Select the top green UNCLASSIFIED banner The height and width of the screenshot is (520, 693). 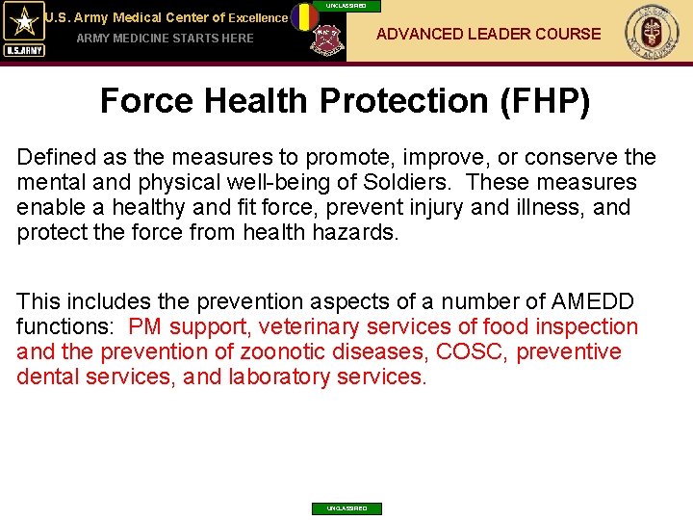(346, 6)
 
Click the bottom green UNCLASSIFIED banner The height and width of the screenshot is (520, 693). (346, 508)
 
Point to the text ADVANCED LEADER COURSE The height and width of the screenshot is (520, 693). (488, 35)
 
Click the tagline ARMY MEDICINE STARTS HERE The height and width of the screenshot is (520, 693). (165, 39)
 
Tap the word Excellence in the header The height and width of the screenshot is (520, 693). (258, 17)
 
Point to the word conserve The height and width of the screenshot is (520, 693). (566, 157)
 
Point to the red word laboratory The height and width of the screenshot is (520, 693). (279, 377)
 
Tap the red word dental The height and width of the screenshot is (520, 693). (46, 377)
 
